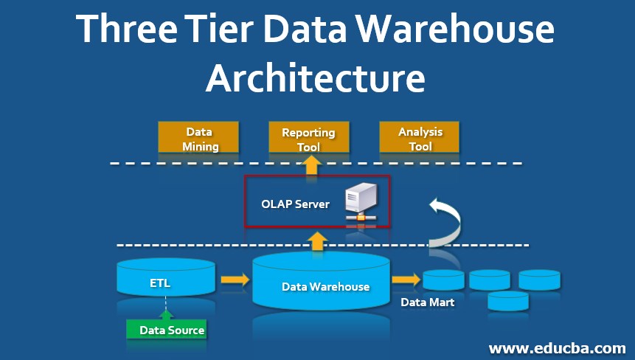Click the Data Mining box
198,138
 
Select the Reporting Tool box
308,139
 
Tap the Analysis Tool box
420,138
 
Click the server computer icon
361,203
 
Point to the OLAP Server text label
295,204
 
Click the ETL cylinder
166,280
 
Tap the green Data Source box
166,330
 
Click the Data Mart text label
427,302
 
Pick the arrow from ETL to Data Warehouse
235,280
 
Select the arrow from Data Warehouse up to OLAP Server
317,240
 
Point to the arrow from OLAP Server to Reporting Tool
310,165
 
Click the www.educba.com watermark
557,347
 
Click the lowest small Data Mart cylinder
508,300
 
